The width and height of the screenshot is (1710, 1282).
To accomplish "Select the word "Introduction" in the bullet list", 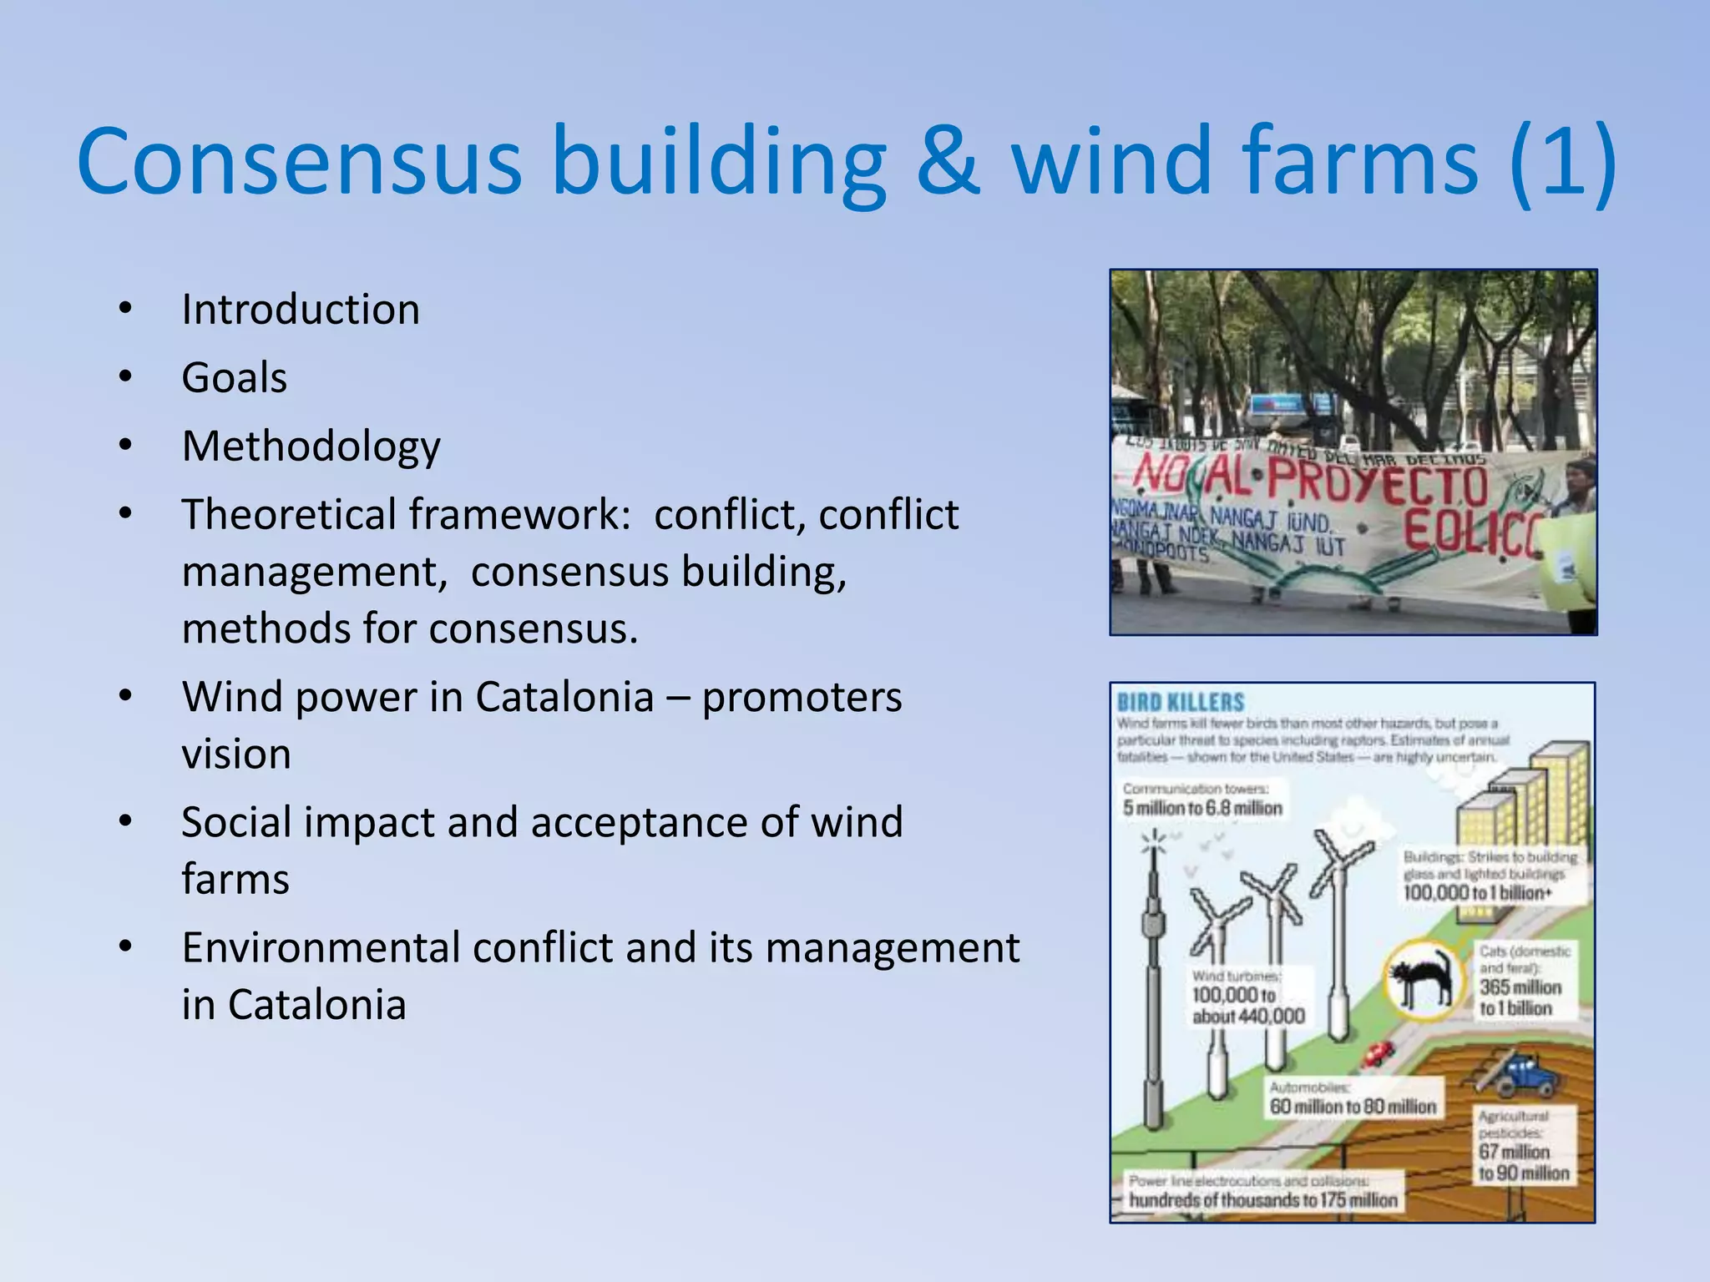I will (301, 310).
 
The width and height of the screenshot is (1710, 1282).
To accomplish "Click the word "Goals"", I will (235, 378).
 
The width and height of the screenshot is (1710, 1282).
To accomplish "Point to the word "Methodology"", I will (311, 447).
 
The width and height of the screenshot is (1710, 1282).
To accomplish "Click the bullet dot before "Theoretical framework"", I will (125, 512).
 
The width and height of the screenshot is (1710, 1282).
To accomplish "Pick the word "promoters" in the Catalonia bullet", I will (802, 697).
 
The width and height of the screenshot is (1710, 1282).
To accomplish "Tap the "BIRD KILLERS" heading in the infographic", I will (1181, 703).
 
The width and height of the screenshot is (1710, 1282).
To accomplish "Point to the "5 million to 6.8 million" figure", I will (1202, 808).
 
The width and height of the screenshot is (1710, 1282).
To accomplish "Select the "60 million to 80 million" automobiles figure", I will (1353, 1107).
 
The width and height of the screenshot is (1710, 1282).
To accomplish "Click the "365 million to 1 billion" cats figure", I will (1520, 998).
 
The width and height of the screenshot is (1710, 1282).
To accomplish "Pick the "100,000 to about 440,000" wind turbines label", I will (1247, 1005).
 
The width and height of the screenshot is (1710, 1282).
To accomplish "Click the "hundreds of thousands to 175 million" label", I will (1262, 1200).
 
